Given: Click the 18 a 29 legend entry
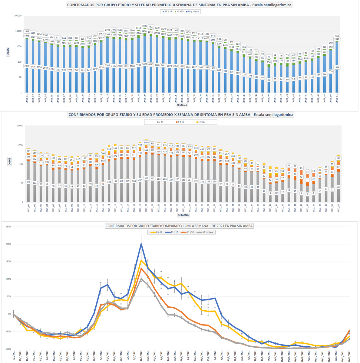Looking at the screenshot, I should (x=167, y=11).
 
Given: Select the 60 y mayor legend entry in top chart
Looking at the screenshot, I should (x=193, y=11).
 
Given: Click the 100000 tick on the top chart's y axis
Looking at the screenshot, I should (x=18, y=15).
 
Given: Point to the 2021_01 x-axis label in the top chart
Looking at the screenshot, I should (x=27, y=99).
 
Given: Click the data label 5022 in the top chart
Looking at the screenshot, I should (x=144, y=64).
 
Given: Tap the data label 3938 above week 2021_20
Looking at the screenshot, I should (x=144, y=26).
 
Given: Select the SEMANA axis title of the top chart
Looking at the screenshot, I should (x=182, y=106).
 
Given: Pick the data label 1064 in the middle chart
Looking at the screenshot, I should (x=146, y=142).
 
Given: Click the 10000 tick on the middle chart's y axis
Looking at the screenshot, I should (x=19, y=126).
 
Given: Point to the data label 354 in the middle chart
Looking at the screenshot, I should (x=28, y=151).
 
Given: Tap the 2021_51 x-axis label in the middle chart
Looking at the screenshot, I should (x=338, y=208).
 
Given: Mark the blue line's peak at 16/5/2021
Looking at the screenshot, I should (x=141, y=244).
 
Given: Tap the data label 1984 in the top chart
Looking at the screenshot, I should (x=336, y=67).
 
